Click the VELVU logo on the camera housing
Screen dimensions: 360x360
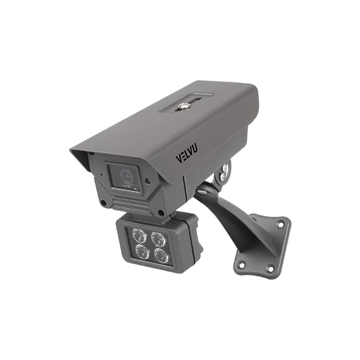coord(186,153)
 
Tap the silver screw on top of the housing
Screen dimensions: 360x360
coord(182,106)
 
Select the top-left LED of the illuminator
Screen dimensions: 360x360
coord(139,236)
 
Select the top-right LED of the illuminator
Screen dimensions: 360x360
coord(158,239)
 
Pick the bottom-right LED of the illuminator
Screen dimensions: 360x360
coord(161,256)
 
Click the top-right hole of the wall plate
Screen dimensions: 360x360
coord(280,224)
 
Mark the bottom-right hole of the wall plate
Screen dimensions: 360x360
coord(270,268)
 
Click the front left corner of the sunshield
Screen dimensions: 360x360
coord(72,150)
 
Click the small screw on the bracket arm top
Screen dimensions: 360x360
coord(203,192)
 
